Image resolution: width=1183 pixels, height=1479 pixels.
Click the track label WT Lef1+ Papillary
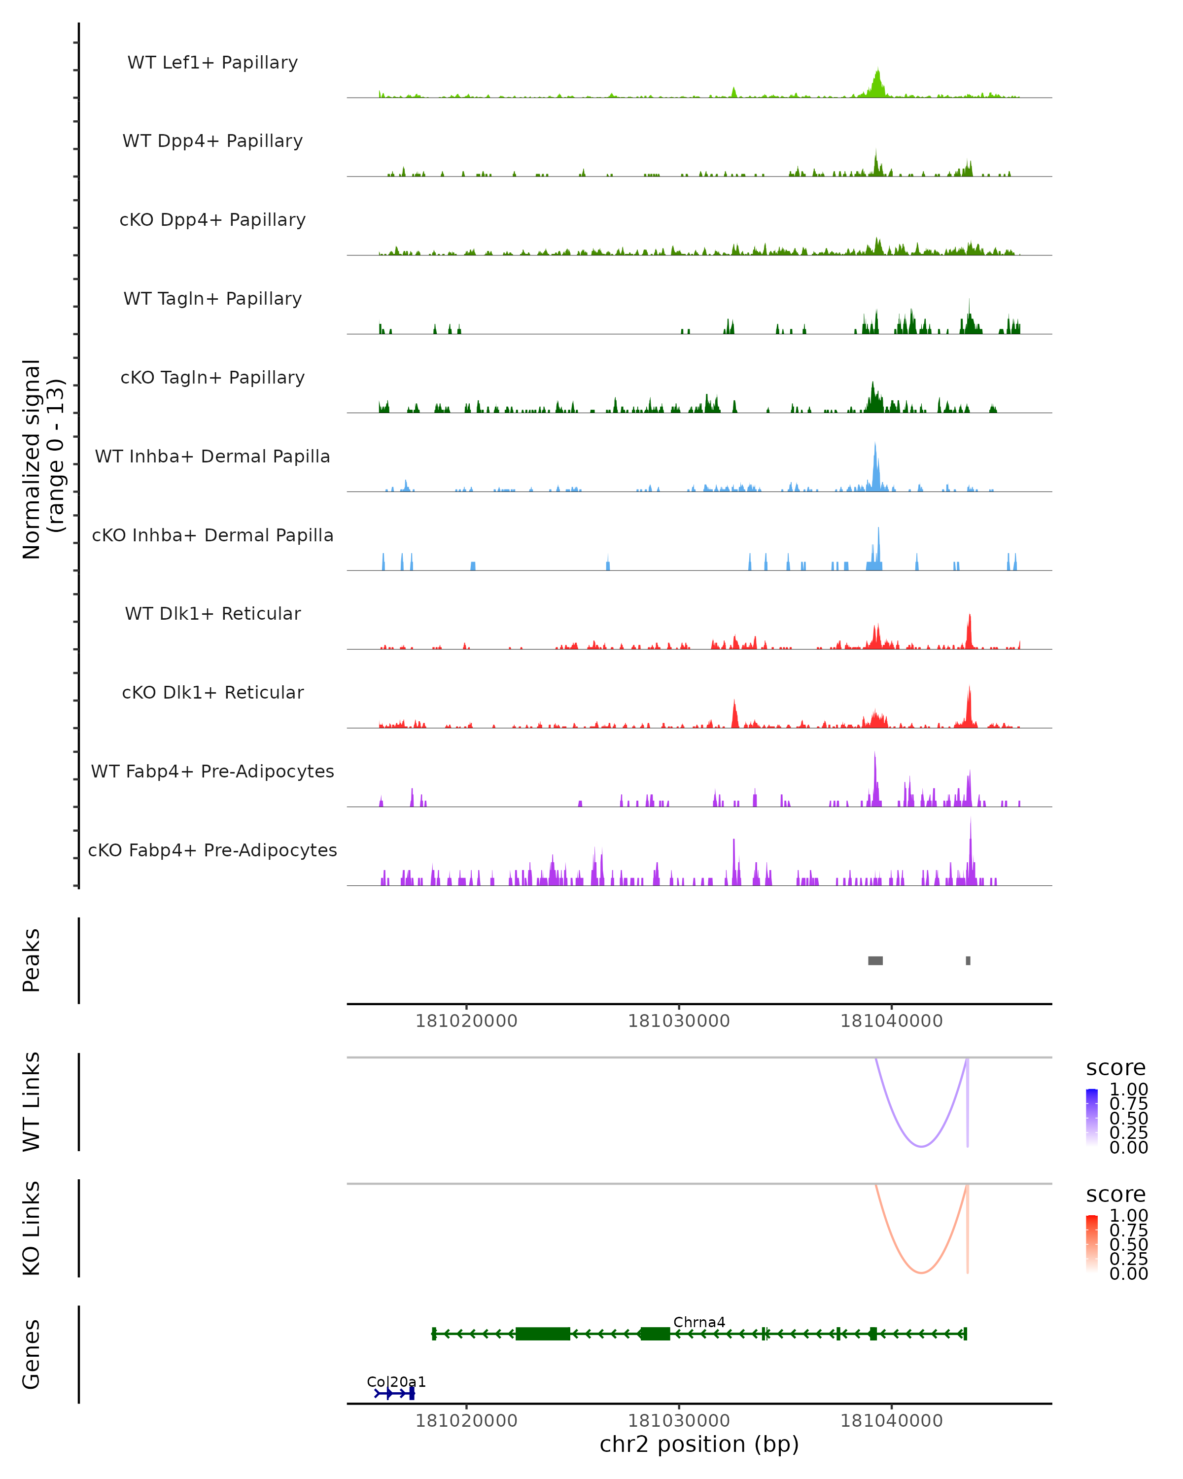click(212, 63)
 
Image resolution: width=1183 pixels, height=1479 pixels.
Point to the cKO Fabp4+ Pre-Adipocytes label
click(212, 850)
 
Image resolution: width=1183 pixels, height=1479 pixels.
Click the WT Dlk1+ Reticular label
click(212, 613)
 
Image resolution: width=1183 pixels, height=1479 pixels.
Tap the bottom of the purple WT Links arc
click(922, 1146)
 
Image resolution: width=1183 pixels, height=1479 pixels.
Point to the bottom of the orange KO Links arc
click(922, 1273)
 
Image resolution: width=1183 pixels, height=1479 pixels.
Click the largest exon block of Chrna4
click(543, 1334)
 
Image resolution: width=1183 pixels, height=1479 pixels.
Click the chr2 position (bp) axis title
click(699, 1444)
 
